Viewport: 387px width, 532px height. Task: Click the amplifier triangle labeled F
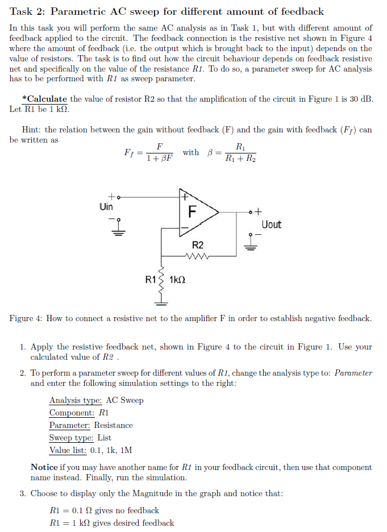[196, 212]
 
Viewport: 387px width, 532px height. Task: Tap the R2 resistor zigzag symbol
[197, 255]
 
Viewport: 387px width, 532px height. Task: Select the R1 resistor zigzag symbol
[162, 280]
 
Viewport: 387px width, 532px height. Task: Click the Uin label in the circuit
[106, 207]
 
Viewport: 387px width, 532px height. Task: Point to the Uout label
[271, 225]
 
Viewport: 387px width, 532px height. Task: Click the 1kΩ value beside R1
[178, 280]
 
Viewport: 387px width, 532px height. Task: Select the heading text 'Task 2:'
[27, 11]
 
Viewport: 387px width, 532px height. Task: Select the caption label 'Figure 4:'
[26, 318]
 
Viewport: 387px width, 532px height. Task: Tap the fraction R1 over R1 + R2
[240, 153]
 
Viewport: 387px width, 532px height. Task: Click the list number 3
[23, 493]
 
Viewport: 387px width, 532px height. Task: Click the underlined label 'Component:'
[72, 413]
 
